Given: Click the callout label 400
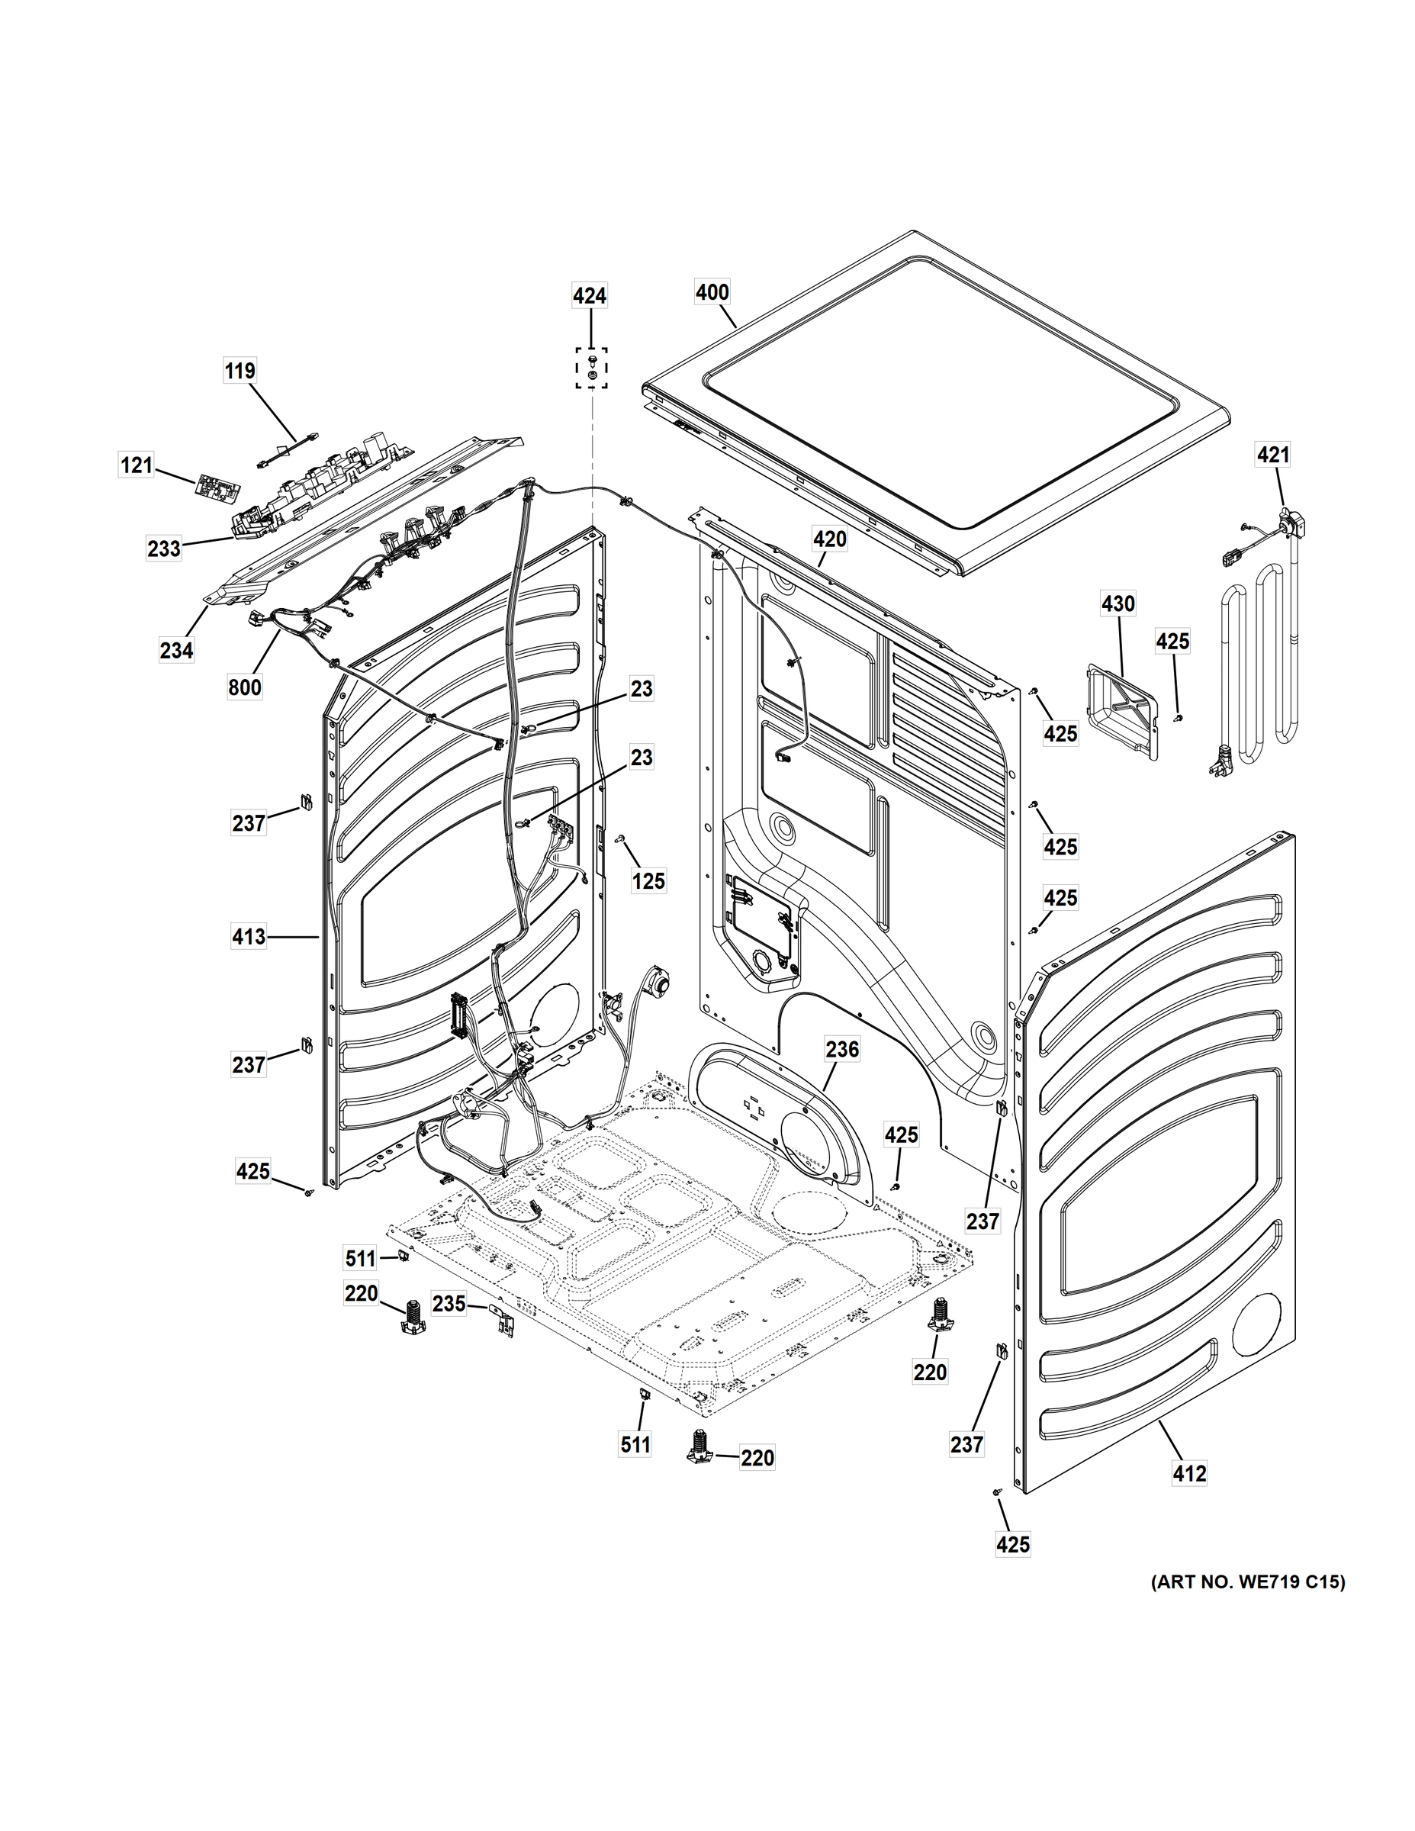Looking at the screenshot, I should [x=712, y=293].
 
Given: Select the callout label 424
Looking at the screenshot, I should [x=590, y=295].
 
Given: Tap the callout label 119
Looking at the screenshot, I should [x=240, y=370].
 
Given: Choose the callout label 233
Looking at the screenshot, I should [x=164, y=549].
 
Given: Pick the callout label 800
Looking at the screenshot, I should [x=245, y=687].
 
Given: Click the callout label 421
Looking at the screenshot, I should [x=1272, y=455].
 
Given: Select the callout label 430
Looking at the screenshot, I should [x=1118, y=603].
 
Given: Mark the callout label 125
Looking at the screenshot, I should [x=649, y=880].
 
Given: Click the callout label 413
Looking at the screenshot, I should [x=249, y=936].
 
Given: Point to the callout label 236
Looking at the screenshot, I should [x=842, y=1049].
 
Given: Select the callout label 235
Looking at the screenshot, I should [x=449, y=1304].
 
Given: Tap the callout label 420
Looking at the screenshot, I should [x=830, y=540].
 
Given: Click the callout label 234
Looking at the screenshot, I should [x=177, y=649].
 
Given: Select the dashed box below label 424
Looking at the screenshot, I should [x=591, y=368].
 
